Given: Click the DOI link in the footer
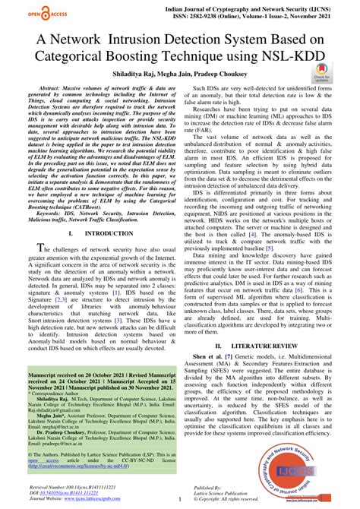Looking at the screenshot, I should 60,492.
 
